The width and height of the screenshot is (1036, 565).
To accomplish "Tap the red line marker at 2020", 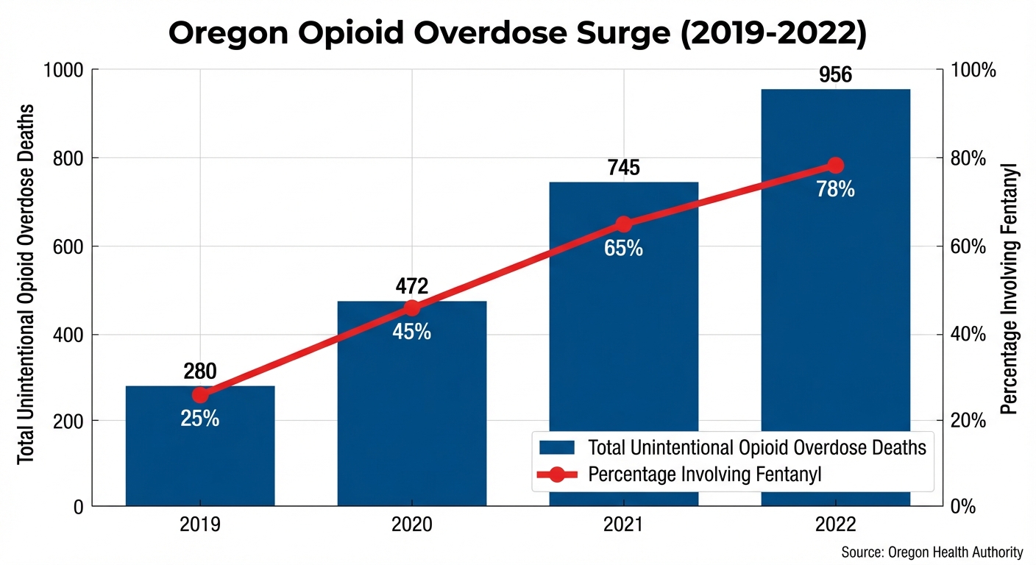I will click(412, 308).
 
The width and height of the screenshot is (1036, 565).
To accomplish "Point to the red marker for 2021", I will click(624, 224).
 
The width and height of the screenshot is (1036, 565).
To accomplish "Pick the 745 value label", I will click(624, 168).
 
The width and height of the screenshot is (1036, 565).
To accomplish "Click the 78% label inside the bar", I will click(835, 190).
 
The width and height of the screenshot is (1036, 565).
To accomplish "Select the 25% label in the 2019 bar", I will click(200, 419).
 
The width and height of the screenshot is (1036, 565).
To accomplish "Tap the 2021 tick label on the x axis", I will click(624, 526).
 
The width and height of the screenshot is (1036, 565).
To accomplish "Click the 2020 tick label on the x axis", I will click(412, 526).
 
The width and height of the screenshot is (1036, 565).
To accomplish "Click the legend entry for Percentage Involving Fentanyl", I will click(704, 475).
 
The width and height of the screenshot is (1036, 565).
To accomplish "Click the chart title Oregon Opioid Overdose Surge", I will click(518, 35).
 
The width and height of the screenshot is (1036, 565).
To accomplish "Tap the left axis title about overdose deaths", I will click(26, 284).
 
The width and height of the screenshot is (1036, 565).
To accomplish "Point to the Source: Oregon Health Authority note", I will click(932, 552).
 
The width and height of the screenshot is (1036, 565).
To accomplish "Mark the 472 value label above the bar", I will click(412, 286).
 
